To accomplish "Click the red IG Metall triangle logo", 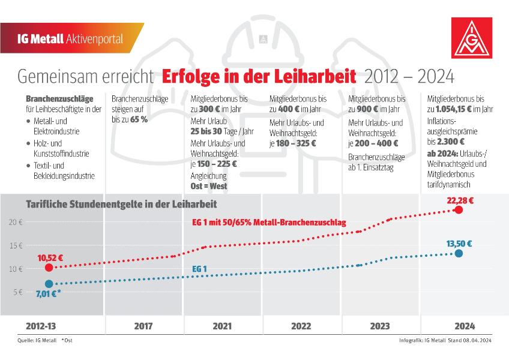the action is [472, 38].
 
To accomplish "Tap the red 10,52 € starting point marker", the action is [49, 268].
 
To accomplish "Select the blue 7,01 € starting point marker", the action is [49, 284].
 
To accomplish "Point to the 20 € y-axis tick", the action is [16, 223].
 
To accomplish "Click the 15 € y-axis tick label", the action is [16, 246].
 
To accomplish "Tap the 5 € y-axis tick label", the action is [18, 292].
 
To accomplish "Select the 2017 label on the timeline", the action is [143, 326].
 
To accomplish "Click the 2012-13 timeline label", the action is [41, 326].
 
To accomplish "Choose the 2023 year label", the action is [380, 326].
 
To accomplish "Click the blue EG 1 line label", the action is [199, 269].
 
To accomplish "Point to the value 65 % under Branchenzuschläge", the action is [139, 119].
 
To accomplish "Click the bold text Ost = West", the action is [209, 186].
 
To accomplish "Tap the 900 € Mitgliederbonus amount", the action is [367, 109].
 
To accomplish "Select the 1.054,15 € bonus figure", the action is [454, 109].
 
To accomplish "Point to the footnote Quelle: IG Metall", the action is [37, 341].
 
